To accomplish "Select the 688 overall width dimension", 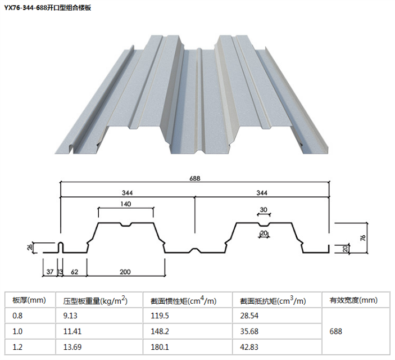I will point(194,178).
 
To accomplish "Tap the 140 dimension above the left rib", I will point(125,204).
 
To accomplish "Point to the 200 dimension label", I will point(125,272).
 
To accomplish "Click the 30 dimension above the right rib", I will point(264,210).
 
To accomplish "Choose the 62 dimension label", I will point(75,272).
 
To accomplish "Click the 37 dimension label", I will point(49,272).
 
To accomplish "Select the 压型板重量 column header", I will point(95,300).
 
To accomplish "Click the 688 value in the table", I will point(335,331).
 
